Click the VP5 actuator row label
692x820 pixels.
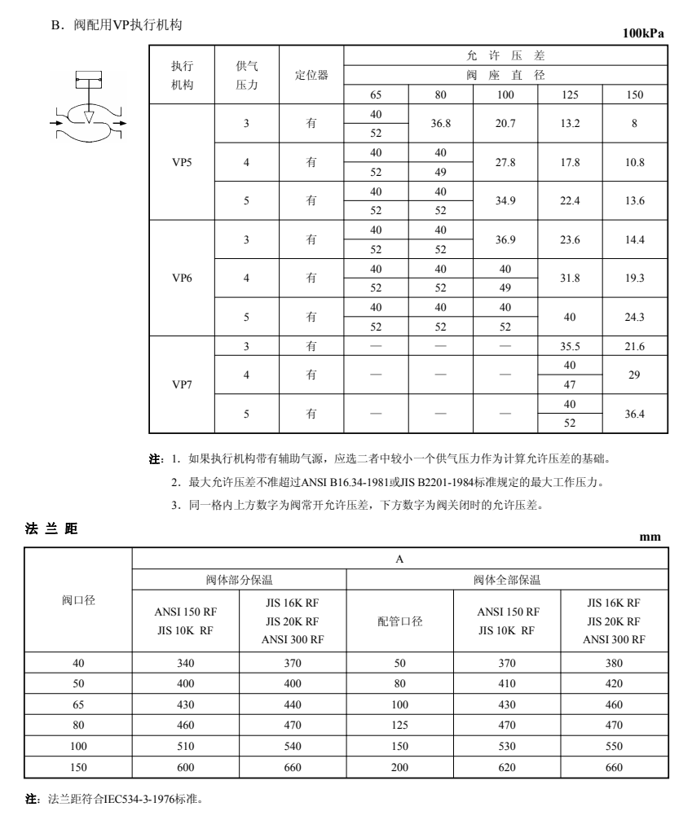pyautogui.click(x=181, y=162)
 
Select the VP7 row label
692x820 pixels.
pyautogui.click(x=181, y=384)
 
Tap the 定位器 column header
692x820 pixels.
pyautogui.click(x=311, y=74)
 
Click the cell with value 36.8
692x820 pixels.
pyautogui.click(x=441, y=122)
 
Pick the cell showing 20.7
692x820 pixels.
pyautogui.click(x=505, y=122)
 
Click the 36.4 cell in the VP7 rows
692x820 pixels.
pyautogui.click(x=635, y=414)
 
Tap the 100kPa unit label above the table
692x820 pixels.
pyautogui.click(x=643, y=33)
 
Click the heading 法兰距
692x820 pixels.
pyautogui.click(x=53, y=529)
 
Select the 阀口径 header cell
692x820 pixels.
pyautogui.click(x=79, y=600)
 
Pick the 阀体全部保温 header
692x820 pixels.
pyautogui.click(x=506, y=580)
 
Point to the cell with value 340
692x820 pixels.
pyautogui.click(x=186, y=663)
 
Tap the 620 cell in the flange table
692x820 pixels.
pyautogui.click(x=506, y=767)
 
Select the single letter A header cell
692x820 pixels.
pyautogui.click(x=400, y=559)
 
